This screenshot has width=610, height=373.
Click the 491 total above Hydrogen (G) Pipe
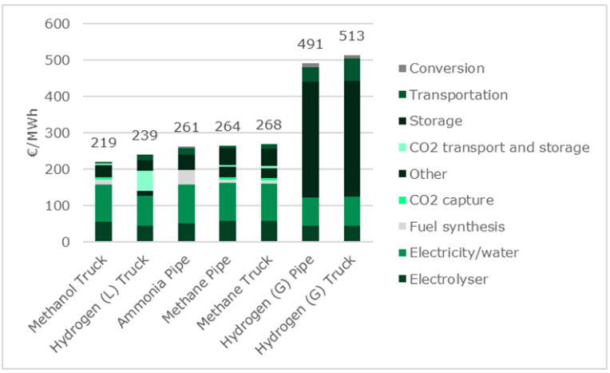(x=309, y=46)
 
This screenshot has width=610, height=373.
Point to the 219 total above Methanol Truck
(x=103, y=145)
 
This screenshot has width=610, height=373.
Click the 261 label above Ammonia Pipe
(x=186, y=129)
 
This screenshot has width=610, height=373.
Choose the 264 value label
(x=227, y=128)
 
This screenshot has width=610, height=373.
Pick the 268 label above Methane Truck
(x=268, y=127)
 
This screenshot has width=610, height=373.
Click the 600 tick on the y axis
(x=60, y=24)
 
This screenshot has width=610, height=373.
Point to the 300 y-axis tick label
(x=60, y=133)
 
